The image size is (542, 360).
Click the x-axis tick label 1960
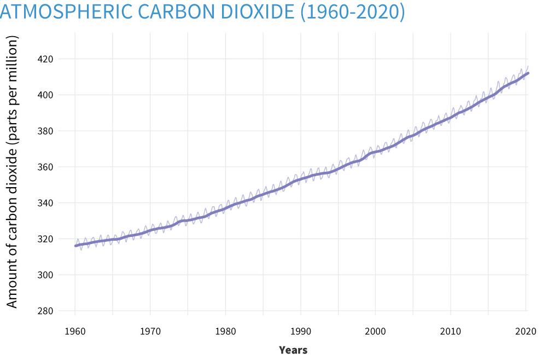75,331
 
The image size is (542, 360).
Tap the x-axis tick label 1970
150,331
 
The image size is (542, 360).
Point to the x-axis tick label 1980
225,331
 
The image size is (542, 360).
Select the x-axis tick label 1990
300,331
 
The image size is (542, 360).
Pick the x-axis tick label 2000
375,331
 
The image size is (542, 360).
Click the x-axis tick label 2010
450,331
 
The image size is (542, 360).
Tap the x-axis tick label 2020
525,331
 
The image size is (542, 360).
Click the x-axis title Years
293,350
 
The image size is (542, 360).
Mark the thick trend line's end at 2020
528,73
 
